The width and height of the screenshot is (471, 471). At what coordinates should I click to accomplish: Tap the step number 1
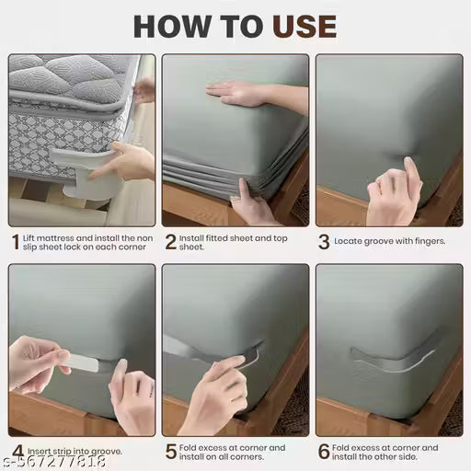[x=15, y=242]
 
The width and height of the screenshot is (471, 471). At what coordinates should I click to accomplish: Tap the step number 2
[x=170, y=242]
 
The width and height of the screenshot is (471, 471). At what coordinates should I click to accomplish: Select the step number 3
[x=324, y=242]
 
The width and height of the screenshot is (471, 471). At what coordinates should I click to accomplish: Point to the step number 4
[x=16, y=452]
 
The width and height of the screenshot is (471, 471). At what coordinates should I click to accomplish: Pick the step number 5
[x=170, y=452]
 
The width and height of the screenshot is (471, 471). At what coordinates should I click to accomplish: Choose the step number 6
[x=324, y=452]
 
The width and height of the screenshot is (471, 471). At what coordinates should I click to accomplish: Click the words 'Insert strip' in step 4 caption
[x=47, y=452]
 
